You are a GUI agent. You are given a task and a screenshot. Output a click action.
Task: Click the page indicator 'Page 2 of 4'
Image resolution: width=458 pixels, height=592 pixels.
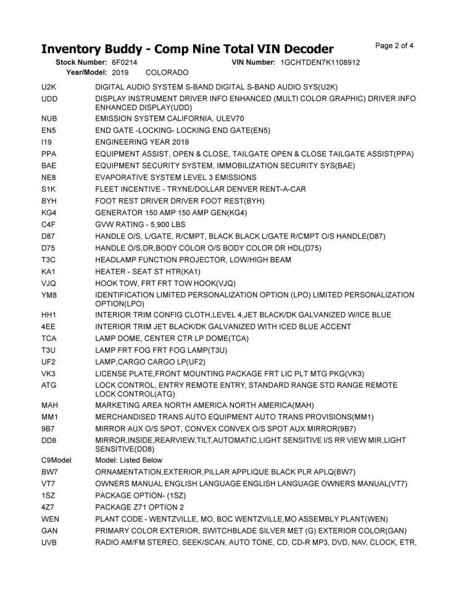coord(394,45)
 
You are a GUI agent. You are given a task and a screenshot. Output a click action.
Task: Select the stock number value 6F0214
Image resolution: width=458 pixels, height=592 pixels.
coord(125,62)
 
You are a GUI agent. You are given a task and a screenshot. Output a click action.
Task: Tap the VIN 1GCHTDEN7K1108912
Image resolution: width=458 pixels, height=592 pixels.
coord(320,62)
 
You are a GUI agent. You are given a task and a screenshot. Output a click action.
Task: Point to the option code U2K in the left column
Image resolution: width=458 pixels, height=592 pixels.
coord(49,87)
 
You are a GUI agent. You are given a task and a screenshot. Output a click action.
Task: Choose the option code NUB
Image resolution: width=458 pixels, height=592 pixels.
coord(49,118)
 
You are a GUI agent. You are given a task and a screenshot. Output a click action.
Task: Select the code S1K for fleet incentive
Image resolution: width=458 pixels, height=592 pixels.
coord(48,189)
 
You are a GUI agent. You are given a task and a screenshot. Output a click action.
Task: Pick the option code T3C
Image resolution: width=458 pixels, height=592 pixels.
coord(49,260)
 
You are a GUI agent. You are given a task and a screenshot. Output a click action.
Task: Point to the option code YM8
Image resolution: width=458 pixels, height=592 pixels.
coord(49,295)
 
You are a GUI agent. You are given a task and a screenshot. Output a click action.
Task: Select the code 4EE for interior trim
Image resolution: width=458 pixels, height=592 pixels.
coord(48,326)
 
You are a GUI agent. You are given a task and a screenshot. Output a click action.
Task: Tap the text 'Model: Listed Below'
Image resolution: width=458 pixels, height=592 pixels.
coord(129,460)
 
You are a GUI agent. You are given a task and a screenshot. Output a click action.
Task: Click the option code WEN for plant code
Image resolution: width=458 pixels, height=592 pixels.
coord(50,518)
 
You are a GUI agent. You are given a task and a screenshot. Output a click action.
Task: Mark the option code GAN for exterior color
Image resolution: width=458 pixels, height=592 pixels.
coord(49,530)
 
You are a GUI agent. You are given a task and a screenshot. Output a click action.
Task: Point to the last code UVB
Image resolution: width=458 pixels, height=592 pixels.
coord(49,542)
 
